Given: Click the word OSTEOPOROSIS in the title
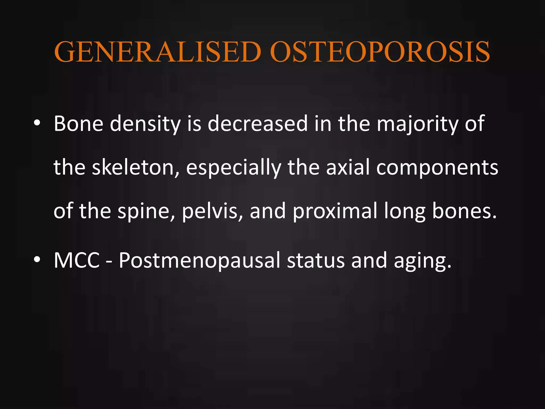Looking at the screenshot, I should click(380, 52).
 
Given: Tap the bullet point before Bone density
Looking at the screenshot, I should click(37, 123).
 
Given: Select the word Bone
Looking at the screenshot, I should click(79, 124).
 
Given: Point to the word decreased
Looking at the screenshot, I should click(258, 124).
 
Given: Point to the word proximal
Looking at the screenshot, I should click(335, 211).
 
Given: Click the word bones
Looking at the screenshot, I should click(464, 211).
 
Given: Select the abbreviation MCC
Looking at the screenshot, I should click(77, 260).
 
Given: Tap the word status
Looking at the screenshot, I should click(316, 260).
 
